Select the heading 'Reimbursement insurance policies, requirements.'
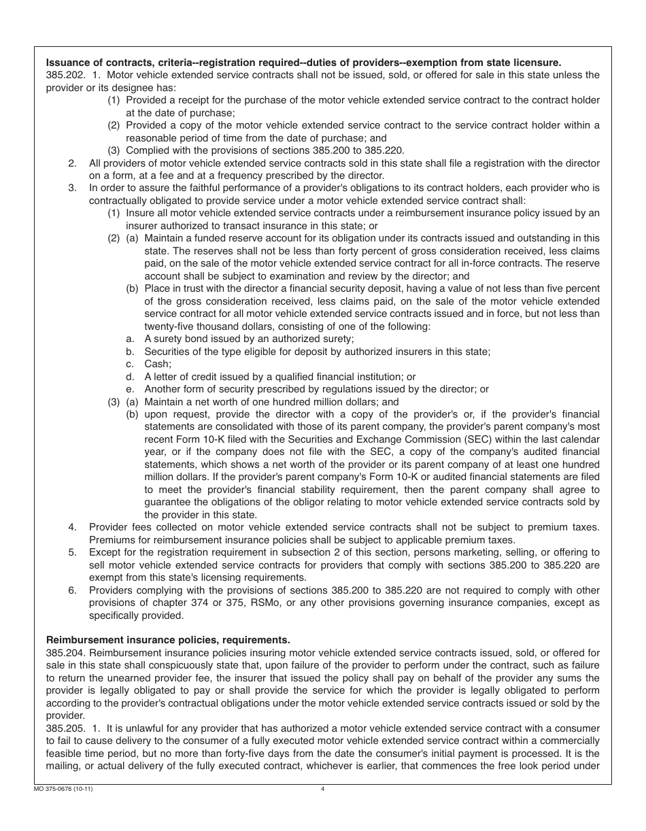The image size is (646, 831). tap(167, 639)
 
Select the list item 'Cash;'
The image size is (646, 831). tap(158, 364)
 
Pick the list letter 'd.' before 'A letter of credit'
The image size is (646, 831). tap(130, 377)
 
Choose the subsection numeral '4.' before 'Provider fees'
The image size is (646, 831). tap(72, 527)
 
